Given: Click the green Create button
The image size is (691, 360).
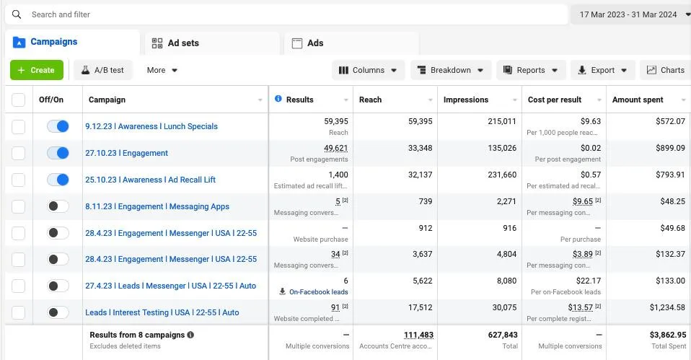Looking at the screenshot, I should (36, 70).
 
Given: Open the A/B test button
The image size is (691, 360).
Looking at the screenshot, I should (102, 70).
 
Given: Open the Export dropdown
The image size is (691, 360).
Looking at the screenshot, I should (602, 70).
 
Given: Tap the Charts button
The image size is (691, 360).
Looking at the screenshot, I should (665, 70).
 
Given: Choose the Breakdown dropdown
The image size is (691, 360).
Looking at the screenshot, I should (451, 70).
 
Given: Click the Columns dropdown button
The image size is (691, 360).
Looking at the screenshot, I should (368, 70).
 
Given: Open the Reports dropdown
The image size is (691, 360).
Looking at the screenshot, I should (530, 70).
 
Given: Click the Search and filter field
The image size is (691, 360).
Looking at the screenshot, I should (289, 14).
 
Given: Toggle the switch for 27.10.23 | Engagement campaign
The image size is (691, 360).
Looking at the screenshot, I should (58, 153).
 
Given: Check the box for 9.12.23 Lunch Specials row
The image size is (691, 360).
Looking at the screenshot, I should (19, 126).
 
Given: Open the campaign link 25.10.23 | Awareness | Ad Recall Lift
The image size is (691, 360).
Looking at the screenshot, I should (150, 180).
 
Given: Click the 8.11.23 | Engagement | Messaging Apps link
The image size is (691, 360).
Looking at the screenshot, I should (157, 206).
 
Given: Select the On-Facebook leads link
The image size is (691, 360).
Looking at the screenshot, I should (318, 292).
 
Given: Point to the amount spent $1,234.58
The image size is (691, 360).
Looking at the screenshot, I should (666, 307).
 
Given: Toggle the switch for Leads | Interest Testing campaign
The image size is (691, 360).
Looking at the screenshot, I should (58, 312).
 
